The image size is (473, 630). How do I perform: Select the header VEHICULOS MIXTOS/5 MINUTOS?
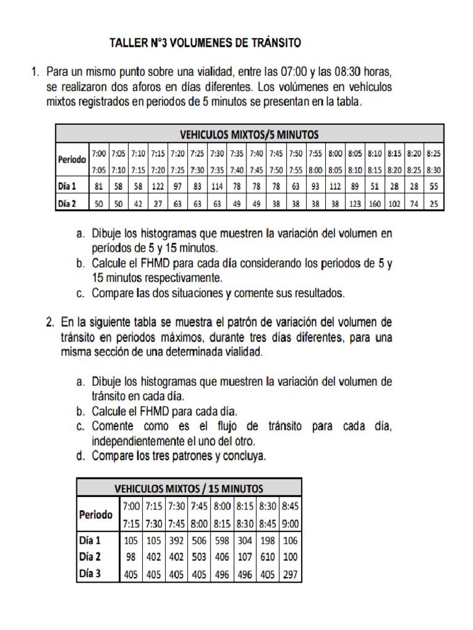tap(249, 134)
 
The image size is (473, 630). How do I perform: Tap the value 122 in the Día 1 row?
tap(158, 186)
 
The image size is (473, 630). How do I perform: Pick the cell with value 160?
tap(374, 202)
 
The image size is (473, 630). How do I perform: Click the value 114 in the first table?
tap(217, 186)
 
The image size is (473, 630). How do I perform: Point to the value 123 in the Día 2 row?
tap(355, 202)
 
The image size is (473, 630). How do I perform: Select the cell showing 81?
tap(99, 186)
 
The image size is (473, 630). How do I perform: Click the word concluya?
tap(243, 457)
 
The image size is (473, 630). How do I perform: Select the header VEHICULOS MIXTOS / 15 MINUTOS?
tap(189, 488)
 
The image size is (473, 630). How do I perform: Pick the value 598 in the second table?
tap(222, 541)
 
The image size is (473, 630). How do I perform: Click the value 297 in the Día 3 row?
tap(290, 575)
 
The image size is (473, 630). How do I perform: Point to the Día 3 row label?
tap(90, 575)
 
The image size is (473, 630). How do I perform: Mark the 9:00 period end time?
tap(290, 524)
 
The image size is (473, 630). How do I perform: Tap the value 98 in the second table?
tap(131, 557)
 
